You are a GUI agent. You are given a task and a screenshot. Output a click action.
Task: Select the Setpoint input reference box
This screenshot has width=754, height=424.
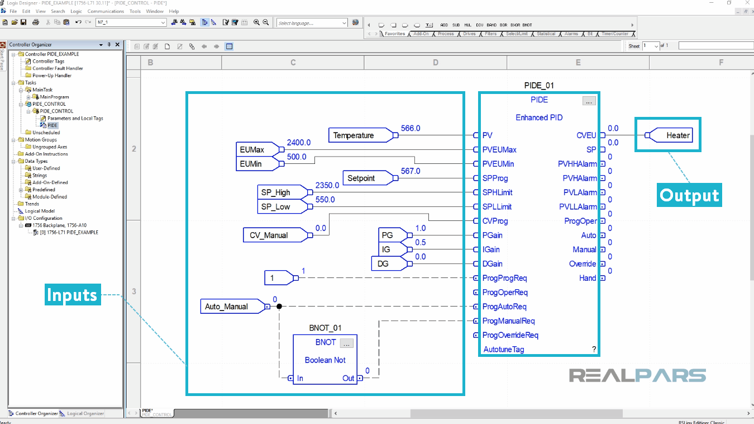[361, 178]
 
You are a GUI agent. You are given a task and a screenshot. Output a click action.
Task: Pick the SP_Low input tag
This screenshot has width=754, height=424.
[276, 207]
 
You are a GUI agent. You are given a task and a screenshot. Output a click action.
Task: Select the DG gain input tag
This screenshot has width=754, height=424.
[386, 264]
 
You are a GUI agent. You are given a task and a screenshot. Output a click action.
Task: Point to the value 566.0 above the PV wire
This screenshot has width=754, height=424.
[411, 128]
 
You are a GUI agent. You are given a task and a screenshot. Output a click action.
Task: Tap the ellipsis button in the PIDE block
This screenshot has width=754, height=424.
[589, 101]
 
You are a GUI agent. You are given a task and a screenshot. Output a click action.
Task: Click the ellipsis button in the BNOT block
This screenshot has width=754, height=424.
[346, 343]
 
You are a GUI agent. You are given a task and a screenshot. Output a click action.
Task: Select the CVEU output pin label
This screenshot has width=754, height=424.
[586, 135]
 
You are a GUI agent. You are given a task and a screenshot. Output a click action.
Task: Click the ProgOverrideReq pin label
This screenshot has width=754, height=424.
[510, 335]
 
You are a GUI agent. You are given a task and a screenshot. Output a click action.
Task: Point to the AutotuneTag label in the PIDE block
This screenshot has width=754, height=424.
[503, 350]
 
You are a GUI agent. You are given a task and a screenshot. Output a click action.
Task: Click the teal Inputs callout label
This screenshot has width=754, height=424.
[72, 295]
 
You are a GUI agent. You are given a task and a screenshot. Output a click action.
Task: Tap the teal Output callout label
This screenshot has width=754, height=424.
[689, 195]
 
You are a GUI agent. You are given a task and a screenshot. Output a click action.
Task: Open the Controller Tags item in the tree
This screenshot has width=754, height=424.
[48, 62]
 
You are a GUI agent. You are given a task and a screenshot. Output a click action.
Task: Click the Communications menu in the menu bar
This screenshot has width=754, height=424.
[106, 11]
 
